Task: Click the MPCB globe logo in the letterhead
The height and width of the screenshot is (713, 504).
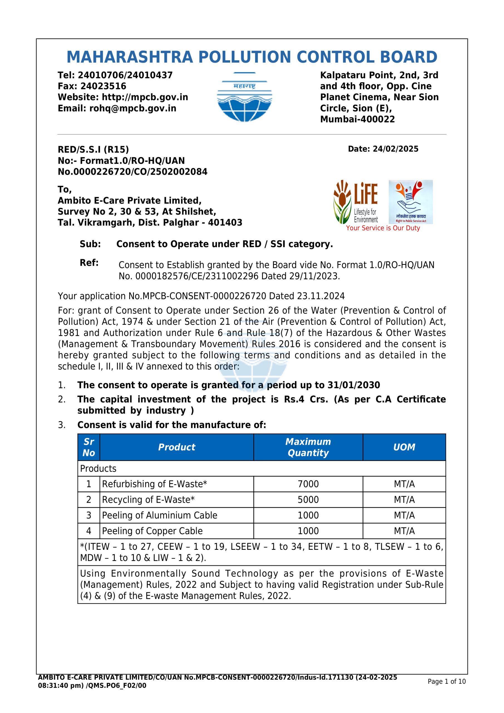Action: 244,97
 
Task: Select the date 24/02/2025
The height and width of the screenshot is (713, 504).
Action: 395,149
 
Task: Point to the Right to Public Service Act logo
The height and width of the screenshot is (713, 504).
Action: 410,202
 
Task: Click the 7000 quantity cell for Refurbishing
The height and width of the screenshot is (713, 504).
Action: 308,484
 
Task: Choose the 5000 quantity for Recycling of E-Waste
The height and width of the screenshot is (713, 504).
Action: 308,499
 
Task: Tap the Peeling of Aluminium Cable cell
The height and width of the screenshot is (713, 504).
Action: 159,515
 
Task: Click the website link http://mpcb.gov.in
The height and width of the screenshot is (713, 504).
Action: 145,97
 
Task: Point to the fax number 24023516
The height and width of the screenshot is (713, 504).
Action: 103,86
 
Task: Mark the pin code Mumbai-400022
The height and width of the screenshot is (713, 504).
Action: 357,119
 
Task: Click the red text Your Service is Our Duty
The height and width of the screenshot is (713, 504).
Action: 383,228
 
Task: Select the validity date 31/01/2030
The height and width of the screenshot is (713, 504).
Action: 354,385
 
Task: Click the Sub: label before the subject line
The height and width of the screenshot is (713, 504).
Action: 90,244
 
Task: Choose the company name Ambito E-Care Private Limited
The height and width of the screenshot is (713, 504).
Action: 129,201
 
